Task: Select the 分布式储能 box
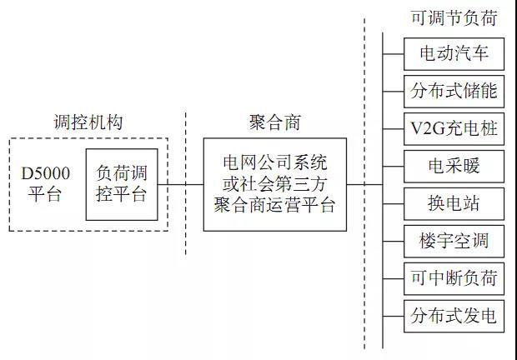[x=454, y=91]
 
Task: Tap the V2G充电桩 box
[x=454, y=129]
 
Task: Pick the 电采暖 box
[x=454, y=167]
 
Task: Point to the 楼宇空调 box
[x=454, y=242]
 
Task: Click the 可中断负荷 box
[x=454, y=278]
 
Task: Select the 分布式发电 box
[x=454, y=316]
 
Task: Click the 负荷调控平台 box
[x=122, y=184]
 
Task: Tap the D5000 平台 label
[x=46, y=184]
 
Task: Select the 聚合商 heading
[x=275, y=122]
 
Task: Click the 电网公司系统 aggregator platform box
[x=275, y=184]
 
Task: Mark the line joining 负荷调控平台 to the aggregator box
[x=181, y=184]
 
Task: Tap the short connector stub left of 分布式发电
[x=393, y=316]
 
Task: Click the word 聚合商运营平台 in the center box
[x=275, y=205]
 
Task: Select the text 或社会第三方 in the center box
[x=275, y=183]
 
